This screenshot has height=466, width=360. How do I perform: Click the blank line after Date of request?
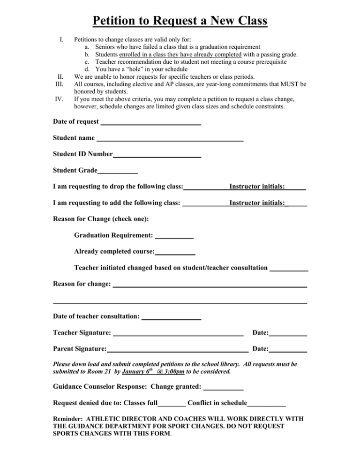pos(151,123)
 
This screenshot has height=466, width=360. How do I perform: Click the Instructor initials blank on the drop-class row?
pos(296,188)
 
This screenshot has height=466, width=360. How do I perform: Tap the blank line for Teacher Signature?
pos(178,334)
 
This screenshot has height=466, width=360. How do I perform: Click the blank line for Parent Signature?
pos(178,350)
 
